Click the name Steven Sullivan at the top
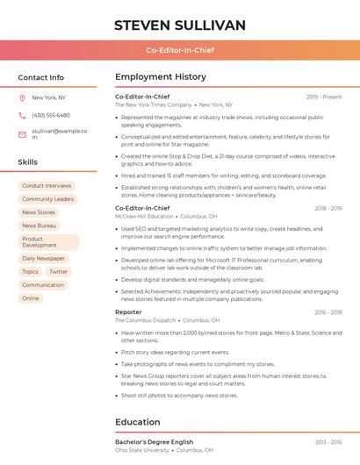tap(180, 25)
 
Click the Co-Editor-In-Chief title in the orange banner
tap(180, 50)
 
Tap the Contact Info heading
tap(41, 77)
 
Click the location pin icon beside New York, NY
tap(23, 98)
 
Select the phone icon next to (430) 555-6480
tap(23, 115)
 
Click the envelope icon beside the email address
tap(23, 133)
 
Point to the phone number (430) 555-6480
tap(51, 115)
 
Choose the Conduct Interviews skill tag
tap(47, 186)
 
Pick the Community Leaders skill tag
tap(48, 199)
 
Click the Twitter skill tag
tap(59, 272)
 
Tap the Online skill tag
tap(31, 298)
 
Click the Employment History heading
tap(161, 77)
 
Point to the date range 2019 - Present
tap(324, 97)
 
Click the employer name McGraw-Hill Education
tap(144, 216)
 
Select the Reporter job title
tap(128, 311)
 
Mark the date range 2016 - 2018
tap(328, 311)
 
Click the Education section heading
tap(138, 422)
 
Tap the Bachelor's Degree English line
tap(154, 441)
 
